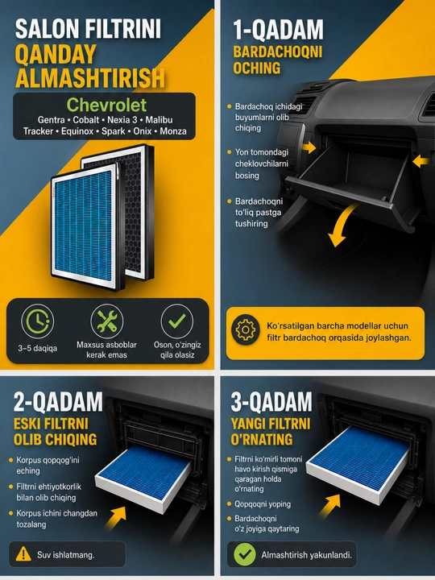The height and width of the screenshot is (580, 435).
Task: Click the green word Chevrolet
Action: (106, 105)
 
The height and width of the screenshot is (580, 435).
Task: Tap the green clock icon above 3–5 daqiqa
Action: (37, 321)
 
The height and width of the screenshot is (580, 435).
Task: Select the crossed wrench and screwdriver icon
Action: (107, 321)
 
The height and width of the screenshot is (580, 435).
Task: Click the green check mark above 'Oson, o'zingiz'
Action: (176, 321)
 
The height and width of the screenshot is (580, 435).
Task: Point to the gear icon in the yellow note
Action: (246, 329)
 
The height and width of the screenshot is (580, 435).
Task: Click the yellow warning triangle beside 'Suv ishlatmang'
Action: (23, 554)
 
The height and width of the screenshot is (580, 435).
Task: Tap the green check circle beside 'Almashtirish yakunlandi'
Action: (245, 554)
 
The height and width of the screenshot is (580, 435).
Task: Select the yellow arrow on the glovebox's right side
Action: (420, 161)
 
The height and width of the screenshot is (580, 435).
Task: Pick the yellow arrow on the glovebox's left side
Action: (309, 147)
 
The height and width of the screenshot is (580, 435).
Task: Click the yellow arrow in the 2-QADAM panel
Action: (116, 518)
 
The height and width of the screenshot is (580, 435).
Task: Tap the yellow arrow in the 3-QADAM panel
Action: (329, 505)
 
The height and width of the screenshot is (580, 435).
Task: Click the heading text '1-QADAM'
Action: (278, 30)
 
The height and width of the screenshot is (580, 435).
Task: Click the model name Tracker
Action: (38, 131)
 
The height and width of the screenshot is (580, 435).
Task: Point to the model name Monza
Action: (173, 131)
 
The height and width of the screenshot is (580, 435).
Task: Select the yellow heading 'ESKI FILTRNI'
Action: (51, 424)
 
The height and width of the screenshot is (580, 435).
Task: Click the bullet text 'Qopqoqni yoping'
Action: (263, 503)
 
